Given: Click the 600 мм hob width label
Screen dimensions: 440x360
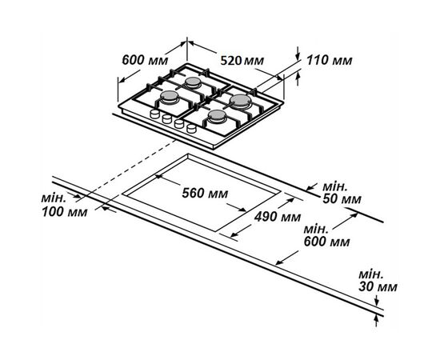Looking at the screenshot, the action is click(145, 60).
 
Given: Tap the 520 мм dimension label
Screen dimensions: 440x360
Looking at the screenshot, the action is click(242, 60).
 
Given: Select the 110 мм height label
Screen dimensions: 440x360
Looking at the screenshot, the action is click(329, 60).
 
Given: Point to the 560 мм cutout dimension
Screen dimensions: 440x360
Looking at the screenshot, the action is click(205, 193).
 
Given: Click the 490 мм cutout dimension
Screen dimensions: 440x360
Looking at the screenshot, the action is click(278, 217).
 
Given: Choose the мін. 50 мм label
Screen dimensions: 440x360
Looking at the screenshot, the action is click(342, 193).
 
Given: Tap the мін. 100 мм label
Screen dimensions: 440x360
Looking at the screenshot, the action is click(65, 206).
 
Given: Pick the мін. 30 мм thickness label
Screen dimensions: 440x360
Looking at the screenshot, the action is click(378, 281).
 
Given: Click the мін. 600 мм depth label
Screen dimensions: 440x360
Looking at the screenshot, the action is click(326, 236).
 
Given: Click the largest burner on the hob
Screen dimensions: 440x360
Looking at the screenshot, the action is click(241, 101).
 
